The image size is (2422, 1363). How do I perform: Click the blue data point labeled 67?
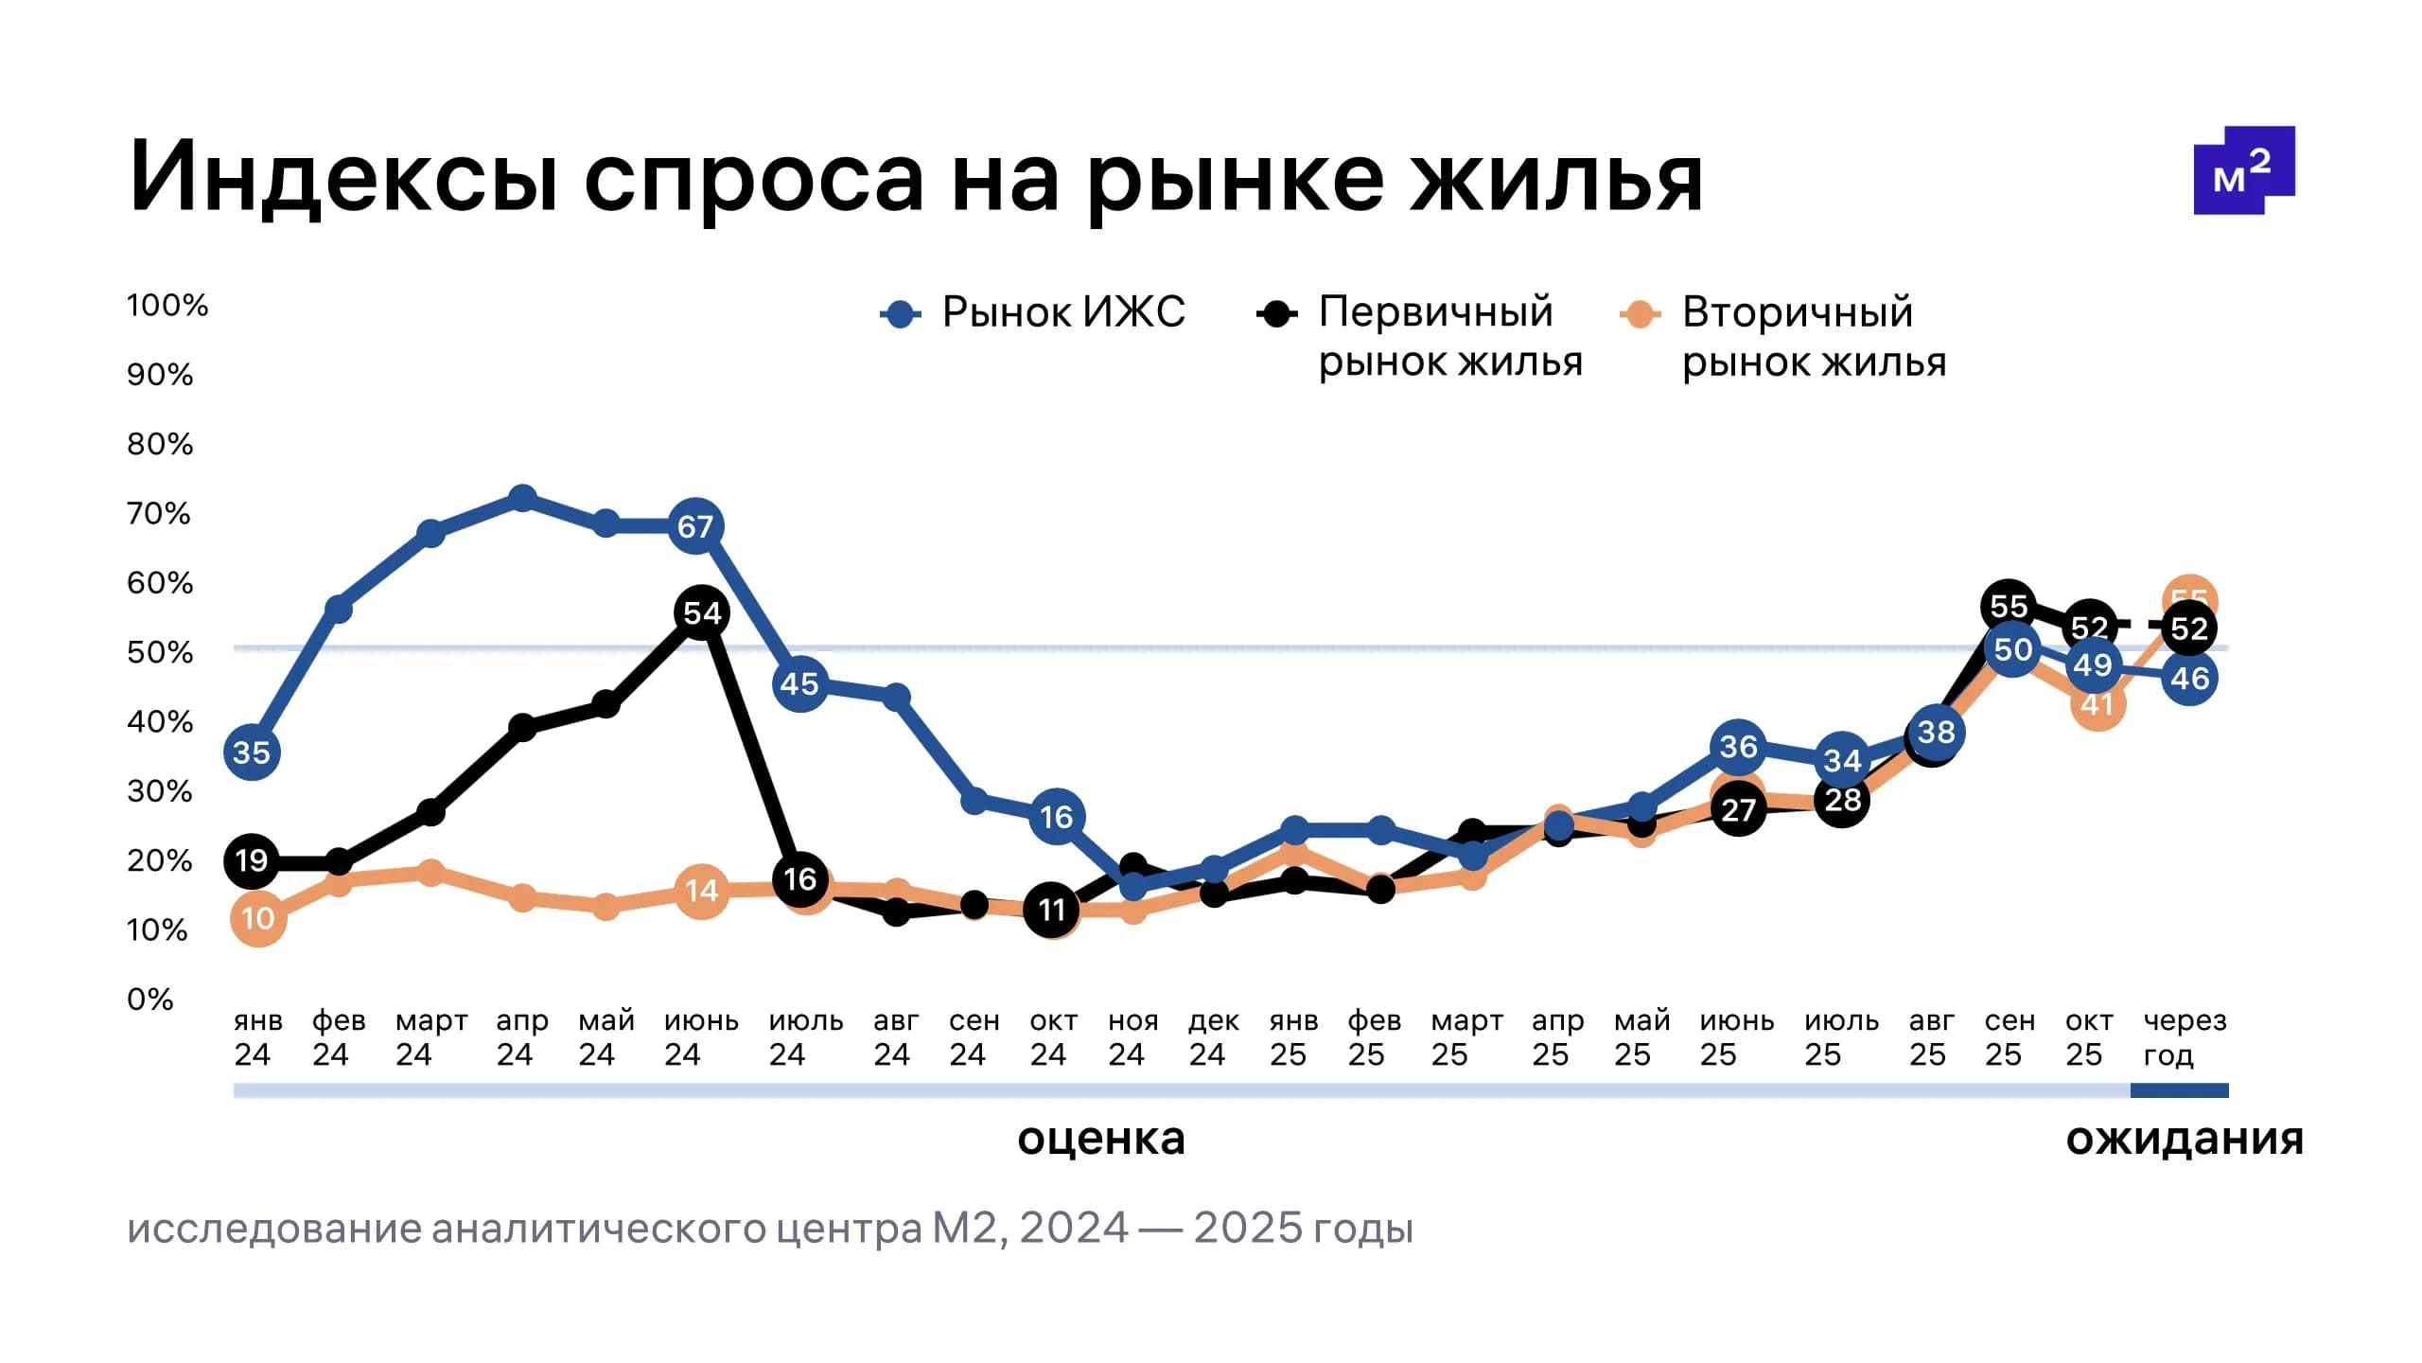pos(695,526)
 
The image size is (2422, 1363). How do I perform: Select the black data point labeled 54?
pos(701,612)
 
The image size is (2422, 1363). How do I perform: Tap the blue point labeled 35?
pos(252,752)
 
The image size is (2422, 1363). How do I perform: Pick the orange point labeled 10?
pos(257,918)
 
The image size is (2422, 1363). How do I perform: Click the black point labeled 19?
pos(252,860)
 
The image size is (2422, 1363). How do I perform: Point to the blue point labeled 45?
pos(800,683)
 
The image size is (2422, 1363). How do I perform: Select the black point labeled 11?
pos(1052,910)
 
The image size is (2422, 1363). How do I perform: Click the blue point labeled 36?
pos(1739,747)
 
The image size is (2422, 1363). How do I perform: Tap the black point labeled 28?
pos(1842,801)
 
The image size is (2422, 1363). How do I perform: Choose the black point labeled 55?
pos(2008,606)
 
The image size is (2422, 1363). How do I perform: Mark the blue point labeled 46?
pos(2189,678)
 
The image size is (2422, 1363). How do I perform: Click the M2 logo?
pos(2243,170)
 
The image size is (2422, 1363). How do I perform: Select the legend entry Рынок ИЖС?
pos(1033,312)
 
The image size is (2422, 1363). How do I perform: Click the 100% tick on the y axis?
pos(167,305)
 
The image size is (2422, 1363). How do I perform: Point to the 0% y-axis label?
pos(150,999)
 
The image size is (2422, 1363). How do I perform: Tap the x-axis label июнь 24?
pos(700,1037)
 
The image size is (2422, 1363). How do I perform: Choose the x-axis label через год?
pos(2185,1037)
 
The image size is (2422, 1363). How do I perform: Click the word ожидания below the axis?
pos(2184,1139)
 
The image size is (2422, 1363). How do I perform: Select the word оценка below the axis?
pos(1100,1139)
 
